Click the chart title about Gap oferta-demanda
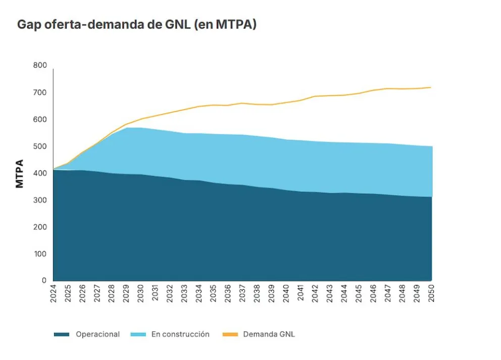tap(137, 25)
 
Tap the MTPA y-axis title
tap(20, 174)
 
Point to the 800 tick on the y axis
tap(40, 66)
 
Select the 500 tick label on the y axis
tap(40, 146)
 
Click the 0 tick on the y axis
tap(44, 280)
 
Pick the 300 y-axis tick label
tap(40, 200)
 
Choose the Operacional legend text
tap(98, 334)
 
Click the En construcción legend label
tap(180, 334)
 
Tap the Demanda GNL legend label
tap(269, 334)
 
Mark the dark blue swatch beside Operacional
tap(62, 334)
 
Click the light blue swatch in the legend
tap(138, 334)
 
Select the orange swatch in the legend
tap(230, 334)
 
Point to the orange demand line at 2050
tap(431, 87)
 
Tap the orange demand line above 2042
tap(315, 96)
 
